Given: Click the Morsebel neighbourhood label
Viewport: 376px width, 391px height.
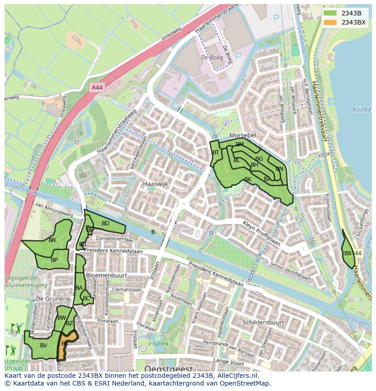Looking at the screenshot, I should [x=243, y=136].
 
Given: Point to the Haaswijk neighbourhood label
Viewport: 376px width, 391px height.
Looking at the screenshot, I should [x=155, y=184].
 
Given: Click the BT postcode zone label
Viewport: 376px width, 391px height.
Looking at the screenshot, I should [x=216, y=153].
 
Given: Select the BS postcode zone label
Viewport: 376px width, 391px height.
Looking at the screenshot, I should [x=347, y=253].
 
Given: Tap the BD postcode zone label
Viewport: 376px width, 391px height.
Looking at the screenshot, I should [x=105, y=223].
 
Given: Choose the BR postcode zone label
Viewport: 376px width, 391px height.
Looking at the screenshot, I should [x=52, y=240].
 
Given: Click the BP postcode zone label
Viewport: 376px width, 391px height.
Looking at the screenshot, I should [x=54, y=260].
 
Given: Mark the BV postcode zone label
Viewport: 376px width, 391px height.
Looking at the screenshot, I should [x=44, y=346].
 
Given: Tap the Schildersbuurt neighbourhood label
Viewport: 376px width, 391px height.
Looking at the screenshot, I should [x=263, y=322].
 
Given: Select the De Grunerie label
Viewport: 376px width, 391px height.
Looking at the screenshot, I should [x=54, y=299].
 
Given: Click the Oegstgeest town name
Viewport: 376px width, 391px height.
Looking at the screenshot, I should [x=168, y=368].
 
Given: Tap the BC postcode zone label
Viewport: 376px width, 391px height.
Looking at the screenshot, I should [x=86, y=298].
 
